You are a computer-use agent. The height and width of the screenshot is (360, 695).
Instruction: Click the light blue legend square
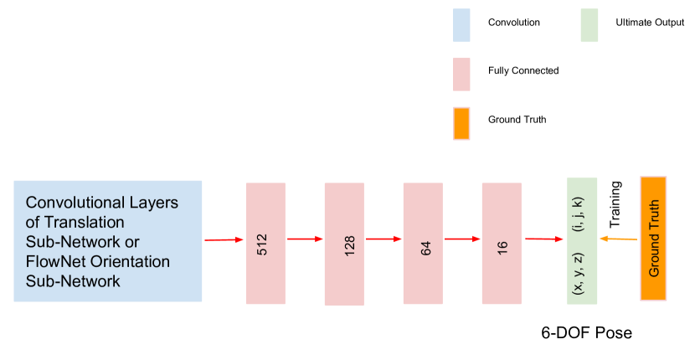(461, 26)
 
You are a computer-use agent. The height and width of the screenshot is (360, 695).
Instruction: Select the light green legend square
(589, 26)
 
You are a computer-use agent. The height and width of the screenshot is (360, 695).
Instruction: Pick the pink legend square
(461, 75)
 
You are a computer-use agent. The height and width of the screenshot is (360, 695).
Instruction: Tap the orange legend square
(461, 123)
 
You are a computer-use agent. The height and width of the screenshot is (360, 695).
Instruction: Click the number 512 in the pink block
(262, 244)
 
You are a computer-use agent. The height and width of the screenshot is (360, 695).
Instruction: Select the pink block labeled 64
(423, 243)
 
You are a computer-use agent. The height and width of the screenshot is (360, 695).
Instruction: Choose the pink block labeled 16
(502, 243)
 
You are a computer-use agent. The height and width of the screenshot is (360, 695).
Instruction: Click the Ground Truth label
(654, 239)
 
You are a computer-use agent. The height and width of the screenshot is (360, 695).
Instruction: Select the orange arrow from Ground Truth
(619, 239)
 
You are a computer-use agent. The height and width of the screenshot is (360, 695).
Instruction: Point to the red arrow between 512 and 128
(306, 239)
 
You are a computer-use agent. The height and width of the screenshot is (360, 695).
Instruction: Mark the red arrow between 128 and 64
(384, 239)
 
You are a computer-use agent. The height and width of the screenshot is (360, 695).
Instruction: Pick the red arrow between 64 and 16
(462, 239)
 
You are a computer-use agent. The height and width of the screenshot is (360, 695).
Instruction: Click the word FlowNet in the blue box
(54, 261)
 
